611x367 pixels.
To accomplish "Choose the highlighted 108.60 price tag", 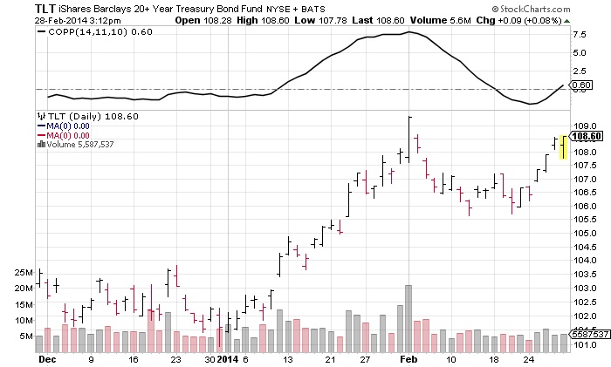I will click(587, 136).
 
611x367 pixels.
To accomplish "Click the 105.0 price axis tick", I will click(586, 233).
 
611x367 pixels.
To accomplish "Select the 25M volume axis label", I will click(23, 273).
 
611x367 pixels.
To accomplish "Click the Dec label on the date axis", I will click(46, 358).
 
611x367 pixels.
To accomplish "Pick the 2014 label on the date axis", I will click(227, 358).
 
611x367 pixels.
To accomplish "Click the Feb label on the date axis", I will click(408, 358).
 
